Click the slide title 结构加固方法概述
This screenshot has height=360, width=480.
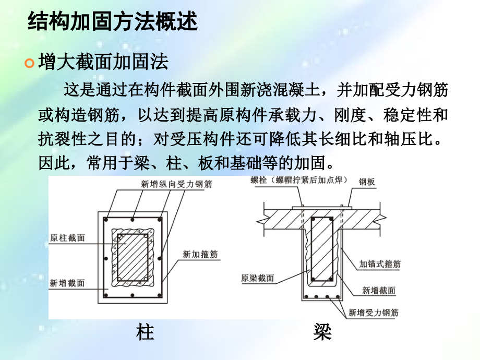click(112, 21)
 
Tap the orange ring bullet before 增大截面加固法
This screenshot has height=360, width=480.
click(29, 63)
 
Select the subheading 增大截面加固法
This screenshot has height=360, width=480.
click(103, 62)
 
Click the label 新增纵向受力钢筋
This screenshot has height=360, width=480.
click(176, 184)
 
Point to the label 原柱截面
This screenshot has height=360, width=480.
click(67, 237)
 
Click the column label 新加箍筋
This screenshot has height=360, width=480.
click(200, 254)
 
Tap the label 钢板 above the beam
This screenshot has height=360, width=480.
click(367, 182)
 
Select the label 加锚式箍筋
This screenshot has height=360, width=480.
click(380, 264)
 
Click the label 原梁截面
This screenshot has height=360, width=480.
click(257, 278)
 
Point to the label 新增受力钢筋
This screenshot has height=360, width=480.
click(374, 313)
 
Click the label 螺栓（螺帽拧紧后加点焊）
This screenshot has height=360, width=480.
click(299, 180)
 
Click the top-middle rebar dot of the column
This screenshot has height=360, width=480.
click(133, 220)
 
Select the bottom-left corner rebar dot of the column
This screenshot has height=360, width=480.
click(106, 295)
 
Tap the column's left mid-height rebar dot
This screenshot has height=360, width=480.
click(106, 259)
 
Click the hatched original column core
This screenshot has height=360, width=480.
click(133, 257)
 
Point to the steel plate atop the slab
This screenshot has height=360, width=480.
click(322, 208)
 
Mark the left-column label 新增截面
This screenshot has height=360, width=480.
click(67, 283)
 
